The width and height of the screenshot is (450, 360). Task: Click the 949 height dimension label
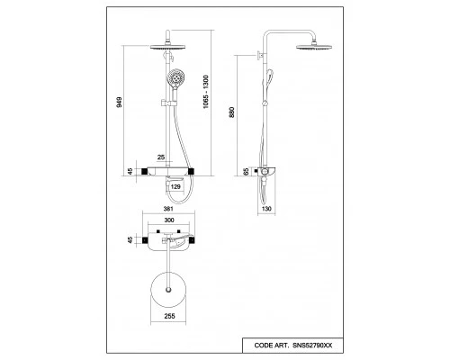(120, 103)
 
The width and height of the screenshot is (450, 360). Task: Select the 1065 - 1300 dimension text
(206, 92)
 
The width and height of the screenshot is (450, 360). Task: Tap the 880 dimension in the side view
(231, 112)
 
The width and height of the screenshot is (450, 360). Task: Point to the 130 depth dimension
(266, 209)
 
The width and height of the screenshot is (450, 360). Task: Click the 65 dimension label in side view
(246, 172)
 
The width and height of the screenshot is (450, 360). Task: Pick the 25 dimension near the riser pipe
(161, 157)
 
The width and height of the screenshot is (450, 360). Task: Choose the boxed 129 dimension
(175, 187)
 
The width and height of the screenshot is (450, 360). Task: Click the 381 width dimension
(168, 209)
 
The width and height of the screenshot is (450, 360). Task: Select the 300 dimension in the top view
(169, 220)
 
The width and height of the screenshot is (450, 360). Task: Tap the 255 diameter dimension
(169, 316)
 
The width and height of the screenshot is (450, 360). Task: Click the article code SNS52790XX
(312, 346)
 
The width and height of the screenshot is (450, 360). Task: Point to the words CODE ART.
(272, 346)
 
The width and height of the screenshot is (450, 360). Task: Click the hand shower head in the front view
(175, 77)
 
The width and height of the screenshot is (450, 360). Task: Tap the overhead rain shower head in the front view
(167, 47)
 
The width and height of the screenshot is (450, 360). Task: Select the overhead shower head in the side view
(314, 47)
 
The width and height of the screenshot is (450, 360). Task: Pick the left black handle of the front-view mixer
(144, 171)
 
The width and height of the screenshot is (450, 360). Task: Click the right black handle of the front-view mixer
(191, 171)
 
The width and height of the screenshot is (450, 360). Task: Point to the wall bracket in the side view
(260, 55)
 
